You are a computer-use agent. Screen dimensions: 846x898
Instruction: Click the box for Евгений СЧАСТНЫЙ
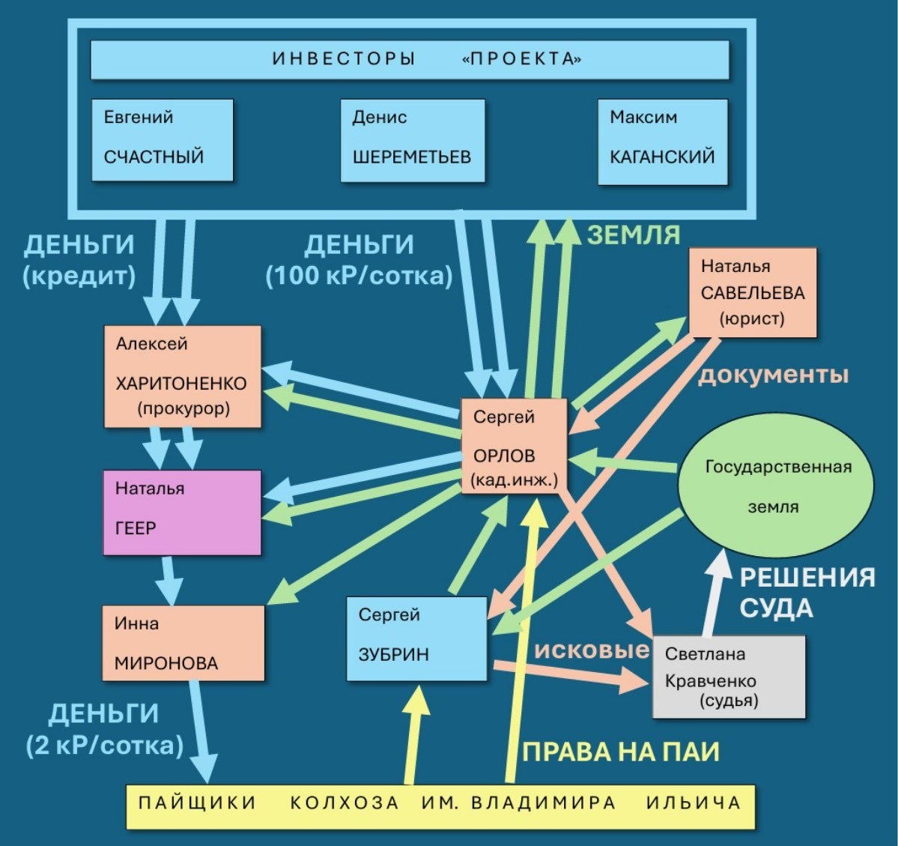pos(162,139)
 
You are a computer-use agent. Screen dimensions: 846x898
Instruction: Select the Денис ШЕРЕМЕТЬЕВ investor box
pos(412,139)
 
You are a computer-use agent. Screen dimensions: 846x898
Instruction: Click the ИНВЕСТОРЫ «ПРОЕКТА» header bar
pos(410,59)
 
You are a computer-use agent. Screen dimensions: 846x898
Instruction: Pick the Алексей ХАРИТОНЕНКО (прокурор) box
pos(182,376)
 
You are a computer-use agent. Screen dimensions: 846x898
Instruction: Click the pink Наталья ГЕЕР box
pos(182,512)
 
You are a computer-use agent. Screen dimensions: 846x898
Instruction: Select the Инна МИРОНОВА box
pos(183,643)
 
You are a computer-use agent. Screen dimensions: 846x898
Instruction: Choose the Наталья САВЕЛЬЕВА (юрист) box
pos(752,291)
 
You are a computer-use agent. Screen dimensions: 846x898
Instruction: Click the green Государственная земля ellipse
pos(775,485)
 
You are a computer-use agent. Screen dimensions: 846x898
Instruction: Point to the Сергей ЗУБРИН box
pos(416,638)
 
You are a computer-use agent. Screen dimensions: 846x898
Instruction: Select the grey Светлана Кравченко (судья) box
pos(729,677)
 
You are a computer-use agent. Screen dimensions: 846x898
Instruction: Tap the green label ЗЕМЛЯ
pos(634,235)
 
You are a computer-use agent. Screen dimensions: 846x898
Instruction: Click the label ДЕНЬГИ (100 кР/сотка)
pos(359,260)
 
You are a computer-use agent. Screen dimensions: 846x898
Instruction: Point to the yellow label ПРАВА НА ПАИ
pos(620,752)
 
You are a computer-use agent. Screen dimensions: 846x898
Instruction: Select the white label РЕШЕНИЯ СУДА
pos(807,592)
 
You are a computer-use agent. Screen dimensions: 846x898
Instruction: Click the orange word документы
pos(773,374)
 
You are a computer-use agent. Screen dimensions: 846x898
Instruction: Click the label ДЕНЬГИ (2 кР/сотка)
pos(105,729)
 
